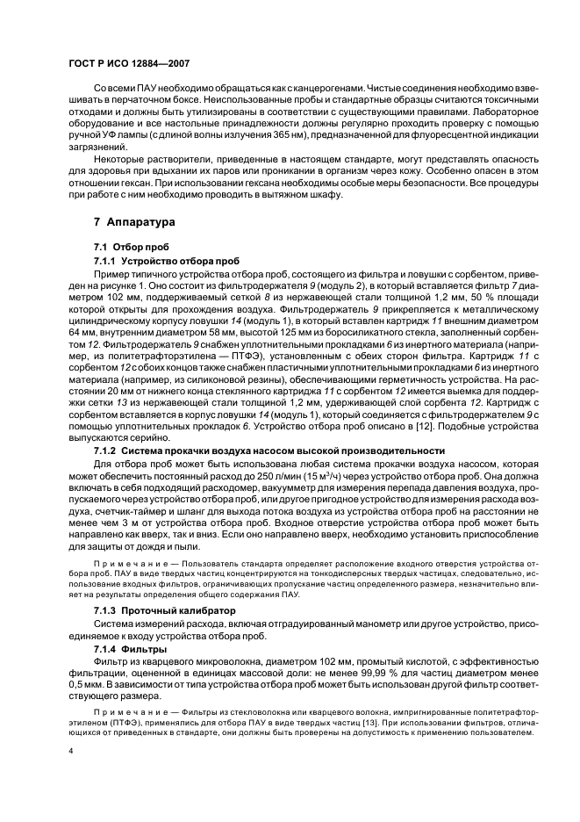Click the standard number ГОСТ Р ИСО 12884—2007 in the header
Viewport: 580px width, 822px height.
(x=128, y=64)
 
